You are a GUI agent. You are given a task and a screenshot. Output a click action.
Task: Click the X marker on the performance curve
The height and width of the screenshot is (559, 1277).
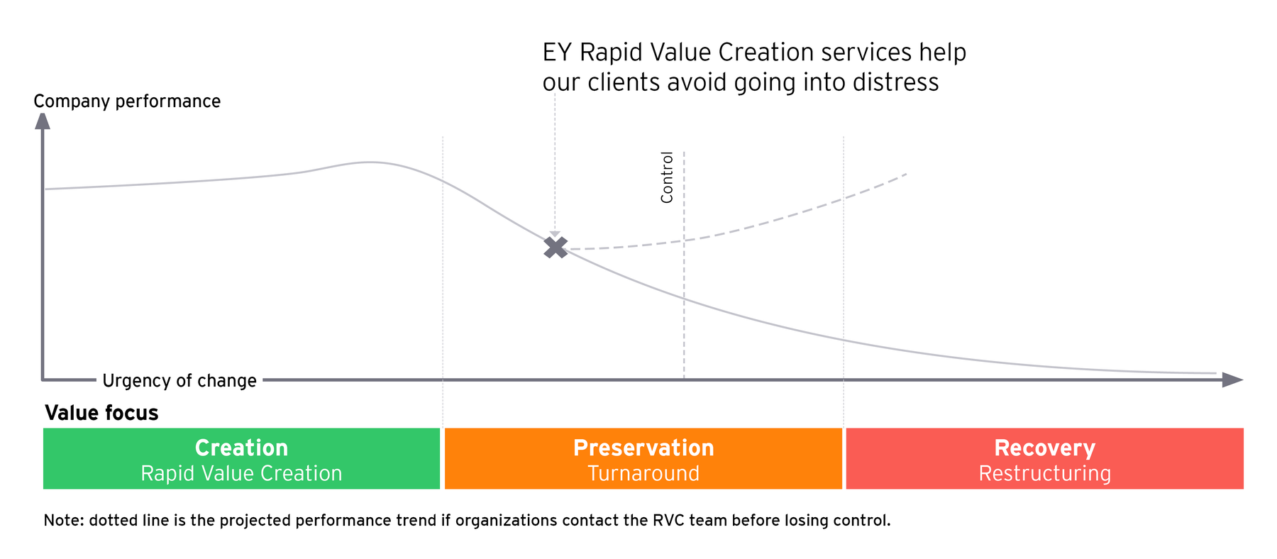coord(555,247)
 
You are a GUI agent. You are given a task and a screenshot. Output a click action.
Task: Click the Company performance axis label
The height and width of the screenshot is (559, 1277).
coord(127,101)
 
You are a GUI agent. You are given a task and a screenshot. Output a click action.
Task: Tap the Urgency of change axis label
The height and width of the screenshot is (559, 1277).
coord(179,381)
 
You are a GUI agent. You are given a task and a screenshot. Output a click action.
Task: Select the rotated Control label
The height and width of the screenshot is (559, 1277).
coord(667,177)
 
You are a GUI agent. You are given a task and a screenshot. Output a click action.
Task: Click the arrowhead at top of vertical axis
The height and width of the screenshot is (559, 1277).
coord(43,121)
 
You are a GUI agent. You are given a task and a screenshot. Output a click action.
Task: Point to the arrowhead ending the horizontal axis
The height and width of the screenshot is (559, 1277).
coord(1233,380)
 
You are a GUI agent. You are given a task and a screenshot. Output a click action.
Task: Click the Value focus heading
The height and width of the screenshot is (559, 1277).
coord(101,413)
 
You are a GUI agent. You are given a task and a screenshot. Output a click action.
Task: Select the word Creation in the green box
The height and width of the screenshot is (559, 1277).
coord(241,448)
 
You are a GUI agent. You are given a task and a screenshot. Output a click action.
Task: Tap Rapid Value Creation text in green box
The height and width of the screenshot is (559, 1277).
coord(241,474)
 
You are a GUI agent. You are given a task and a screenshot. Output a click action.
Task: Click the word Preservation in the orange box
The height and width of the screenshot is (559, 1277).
coord(643,448)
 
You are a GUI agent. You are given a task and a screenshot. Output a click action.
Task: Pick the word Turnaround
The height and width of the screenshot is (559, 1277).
coord(643,474)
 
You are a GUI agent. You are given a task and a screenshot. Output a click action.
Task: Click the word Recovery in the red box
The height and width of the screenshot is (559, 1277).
coord(1044,448)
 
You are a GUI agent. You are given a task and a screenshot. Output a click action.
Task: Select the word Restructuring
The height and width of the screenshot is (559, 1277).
coord(1044,474)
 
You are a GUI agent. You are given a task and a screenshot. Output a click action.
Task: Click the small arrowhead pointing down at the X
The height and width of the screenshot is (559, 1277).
coord(555,234)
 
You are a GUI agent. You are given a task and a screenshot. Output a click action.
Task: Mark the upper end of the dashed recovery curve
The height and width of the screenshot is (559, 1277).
coord(907,173)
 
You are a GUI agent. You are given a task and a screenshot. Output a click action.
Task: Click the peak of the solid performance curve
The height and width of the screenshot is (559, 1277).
coord(369,162)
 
